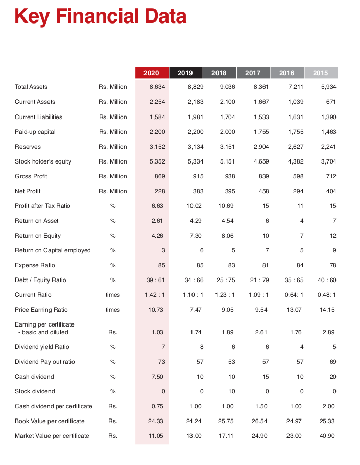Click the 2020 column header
click(x=151, y=73)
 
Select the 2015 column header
click(x=321, y=73)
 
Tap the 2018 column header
click(x=219, y=73)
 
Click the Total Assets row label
click(x=31, y=87)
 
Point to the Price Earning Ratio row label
click(x=41, y=310)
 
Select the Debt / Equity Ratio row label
click(x=40, y=280)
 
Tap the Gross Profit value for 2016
click(x=296, y=176)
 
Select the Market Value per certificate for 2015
click(x=327, y=436)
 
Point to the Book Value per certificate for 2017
click(x=260, y=421)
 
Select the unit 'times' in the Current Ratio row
click(x=112, y=295)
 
